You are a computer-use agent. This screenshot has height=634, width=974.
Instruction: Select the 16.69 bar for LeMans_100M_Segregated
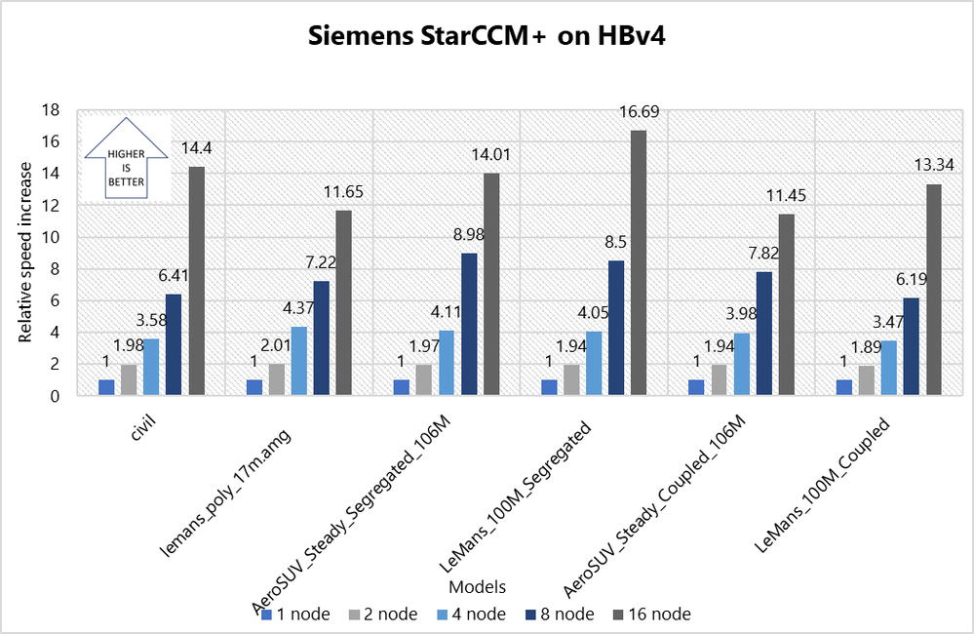[x=639, y=263]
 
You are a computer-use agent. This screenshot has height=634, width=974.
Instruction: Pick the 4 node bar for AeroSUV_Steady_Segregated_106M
[x=446, y=363]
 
